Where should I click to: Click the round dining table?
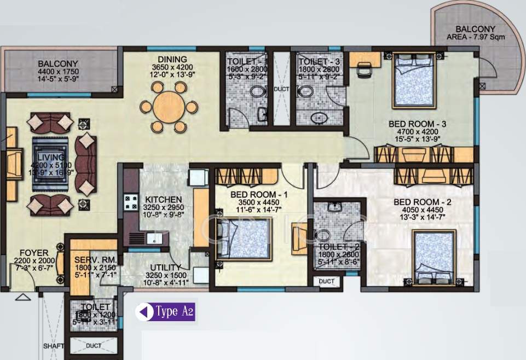169,107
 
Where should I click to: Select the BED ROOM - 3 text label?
418,124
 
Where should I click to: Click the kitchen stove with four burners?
131,204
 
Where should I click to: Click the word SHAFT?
53,346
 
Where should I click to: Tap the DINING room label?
172,60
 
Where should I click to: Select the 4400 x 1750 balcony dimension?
58,72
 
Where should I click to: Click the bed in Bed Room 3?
413,80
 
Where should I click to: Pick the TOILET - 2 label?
339,247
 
